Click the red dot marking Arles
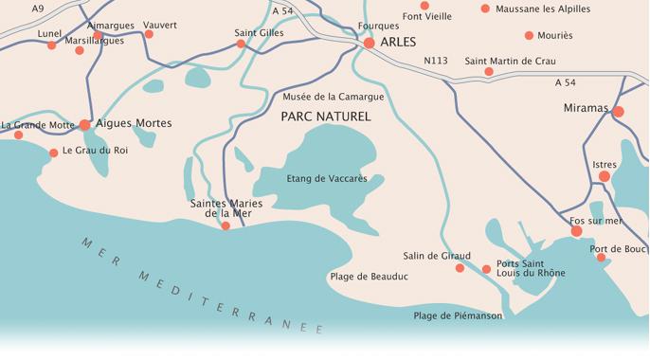click(x=370, y=43)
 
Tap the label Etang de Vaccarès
click(x=326, y=177)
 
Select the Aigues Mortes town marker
click(x=84, y=124)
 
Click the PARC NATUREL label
click(x=326, y=117)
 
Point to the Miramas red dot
click(x=618, y=112)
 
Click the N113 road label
click(x=436, y=61)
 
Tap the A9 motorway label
click(x=38, y=9)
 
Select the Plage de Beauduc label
click(x=369, y=277)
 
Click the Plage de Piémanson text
click(x=458, y=315)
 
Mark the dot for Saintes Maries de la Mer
click(x=226, y=225)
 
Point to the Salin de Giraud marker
click(x=460, y=268)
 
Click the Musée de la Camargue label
click(x=321, y=97)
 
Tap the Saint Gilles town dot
click(x=241, y=44)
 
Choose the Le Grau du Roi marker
click(x=53, y=153)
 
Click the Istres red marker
click(x=605, y=176)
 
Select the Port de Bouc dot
click(x=601, y=258)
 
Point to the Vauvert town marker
click(x=149, y=34)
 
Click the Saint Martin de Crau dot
click(x=489, y=72)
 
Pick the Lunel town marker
click(x=52, y=45)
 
